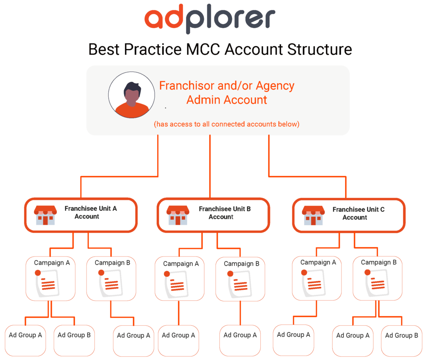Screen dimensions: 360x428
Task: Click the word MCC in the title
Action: [201, 49]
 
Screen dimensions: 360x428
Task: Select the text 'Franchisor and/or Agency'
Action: [227, 86]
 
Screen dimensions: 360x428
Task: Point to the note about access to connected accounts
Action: [227, 124]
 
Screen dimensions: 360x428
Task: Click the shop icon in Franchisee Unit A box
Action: [45, 215]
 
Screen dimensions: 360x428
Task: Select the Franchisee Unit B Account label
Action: [224, 213]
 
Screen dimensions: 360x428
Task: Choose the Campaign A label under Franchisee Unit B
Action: [181, 264]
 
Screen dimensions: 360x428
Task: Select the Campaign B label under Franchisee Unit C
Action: [379, 262]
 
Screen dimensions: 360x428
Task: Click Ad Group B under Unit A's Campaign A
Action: [74, 335]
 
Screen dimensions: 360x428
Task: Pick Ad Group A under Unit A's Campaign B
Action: [133, 335]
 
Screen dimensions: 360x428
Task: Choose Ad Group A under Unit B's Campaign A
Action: [178, 335]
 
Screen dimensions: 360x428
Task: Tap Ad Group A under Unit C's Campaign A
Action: [293, 335]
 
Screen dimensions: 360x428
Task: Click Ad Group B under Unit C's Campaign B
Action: [401, 335]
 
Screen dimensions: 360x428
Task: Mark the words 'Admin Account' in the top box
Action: [227, 100]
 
